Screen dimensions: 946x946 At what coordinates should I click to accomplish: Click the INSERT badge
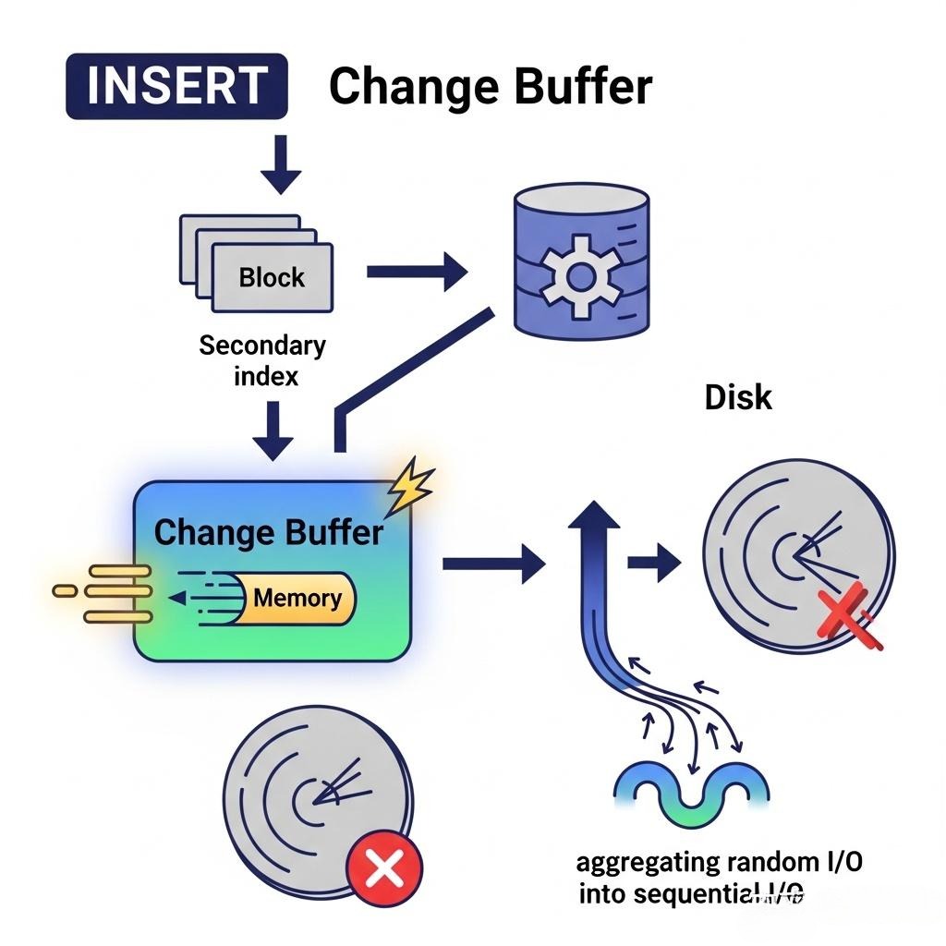[x=176, y=87]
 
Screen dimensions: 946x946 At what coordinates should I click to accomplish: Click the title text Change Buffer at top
[x=490, y=87]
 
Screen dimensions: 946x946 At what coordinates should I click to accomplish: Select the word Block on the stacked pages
[x=272, y=276]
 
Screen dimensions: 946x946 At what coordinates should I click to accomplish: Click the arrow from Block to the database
[x=417, y=272]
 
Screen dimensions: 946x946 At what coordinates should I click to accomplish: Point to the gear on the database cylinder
[x=580, y=274]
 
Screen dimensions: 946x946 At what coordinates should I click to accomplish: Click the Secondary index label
[x=262, y=360]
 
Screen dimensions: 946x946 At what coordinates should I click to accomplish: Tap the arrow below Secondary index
[x=274, y=430]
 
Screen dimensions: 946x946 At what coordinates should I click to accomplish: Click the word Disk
[x=738, y=397]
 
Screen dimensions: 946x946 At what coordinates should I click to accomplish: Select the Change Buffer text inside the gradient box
[x=268, y=532]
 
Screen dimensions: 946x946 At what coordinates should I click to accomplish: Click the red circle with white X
[x=384, y=868]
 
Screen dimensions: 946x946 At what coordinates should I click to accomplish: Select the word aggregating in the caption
[x=649, y=863]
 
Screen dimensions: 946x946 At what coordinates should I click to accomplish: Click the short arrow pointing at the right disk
[x=653, y=563]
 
